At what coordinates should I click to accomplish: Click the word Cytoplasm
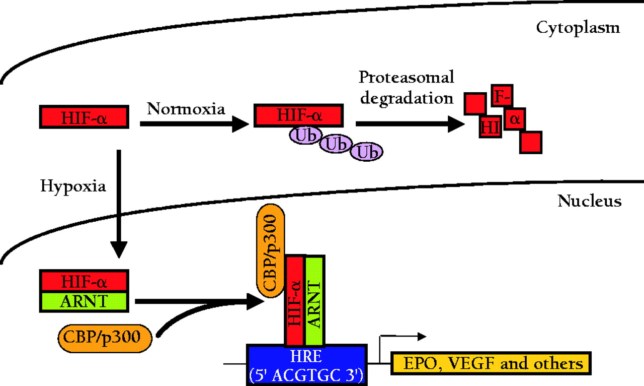pyautogui.click(x=578, y=27)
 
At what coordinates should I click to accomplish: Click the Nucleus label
pyautogui.click(x=589, y=202)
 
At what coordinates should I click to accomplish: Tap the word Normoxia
pyautogui.click(x=186, y=109)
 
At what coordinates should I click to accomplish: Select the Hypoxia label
pyautogui.click(x=73, y=186)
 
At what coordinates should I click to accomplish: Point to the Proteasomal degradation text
pyautogui.click(x=406, y=87)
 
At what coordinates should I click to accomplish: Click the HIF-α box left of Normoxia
pyautogui.click(x=85, y=117)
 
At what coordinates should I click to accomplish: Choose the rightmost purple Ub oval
pyautogui.click(x=367, y=152)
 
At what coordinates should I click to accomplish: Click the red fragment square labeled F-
pyautogui.click(x=502, y=96)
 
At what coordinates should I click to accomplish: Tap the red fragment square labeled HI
pyautogui.click(x=490, y=127)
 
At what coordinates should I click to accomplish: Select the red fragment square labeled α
pyautogui.click(x=515, y=119)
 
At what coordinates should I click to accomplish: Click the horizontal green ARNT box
pyautogui.click(x=84, y=301)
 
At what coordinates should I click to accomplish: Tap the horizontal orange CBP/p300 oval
pyautogui.click(x=106, y=336)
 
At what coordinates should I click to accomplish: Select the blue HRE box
pyautogui.click(x=306, y=364)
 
